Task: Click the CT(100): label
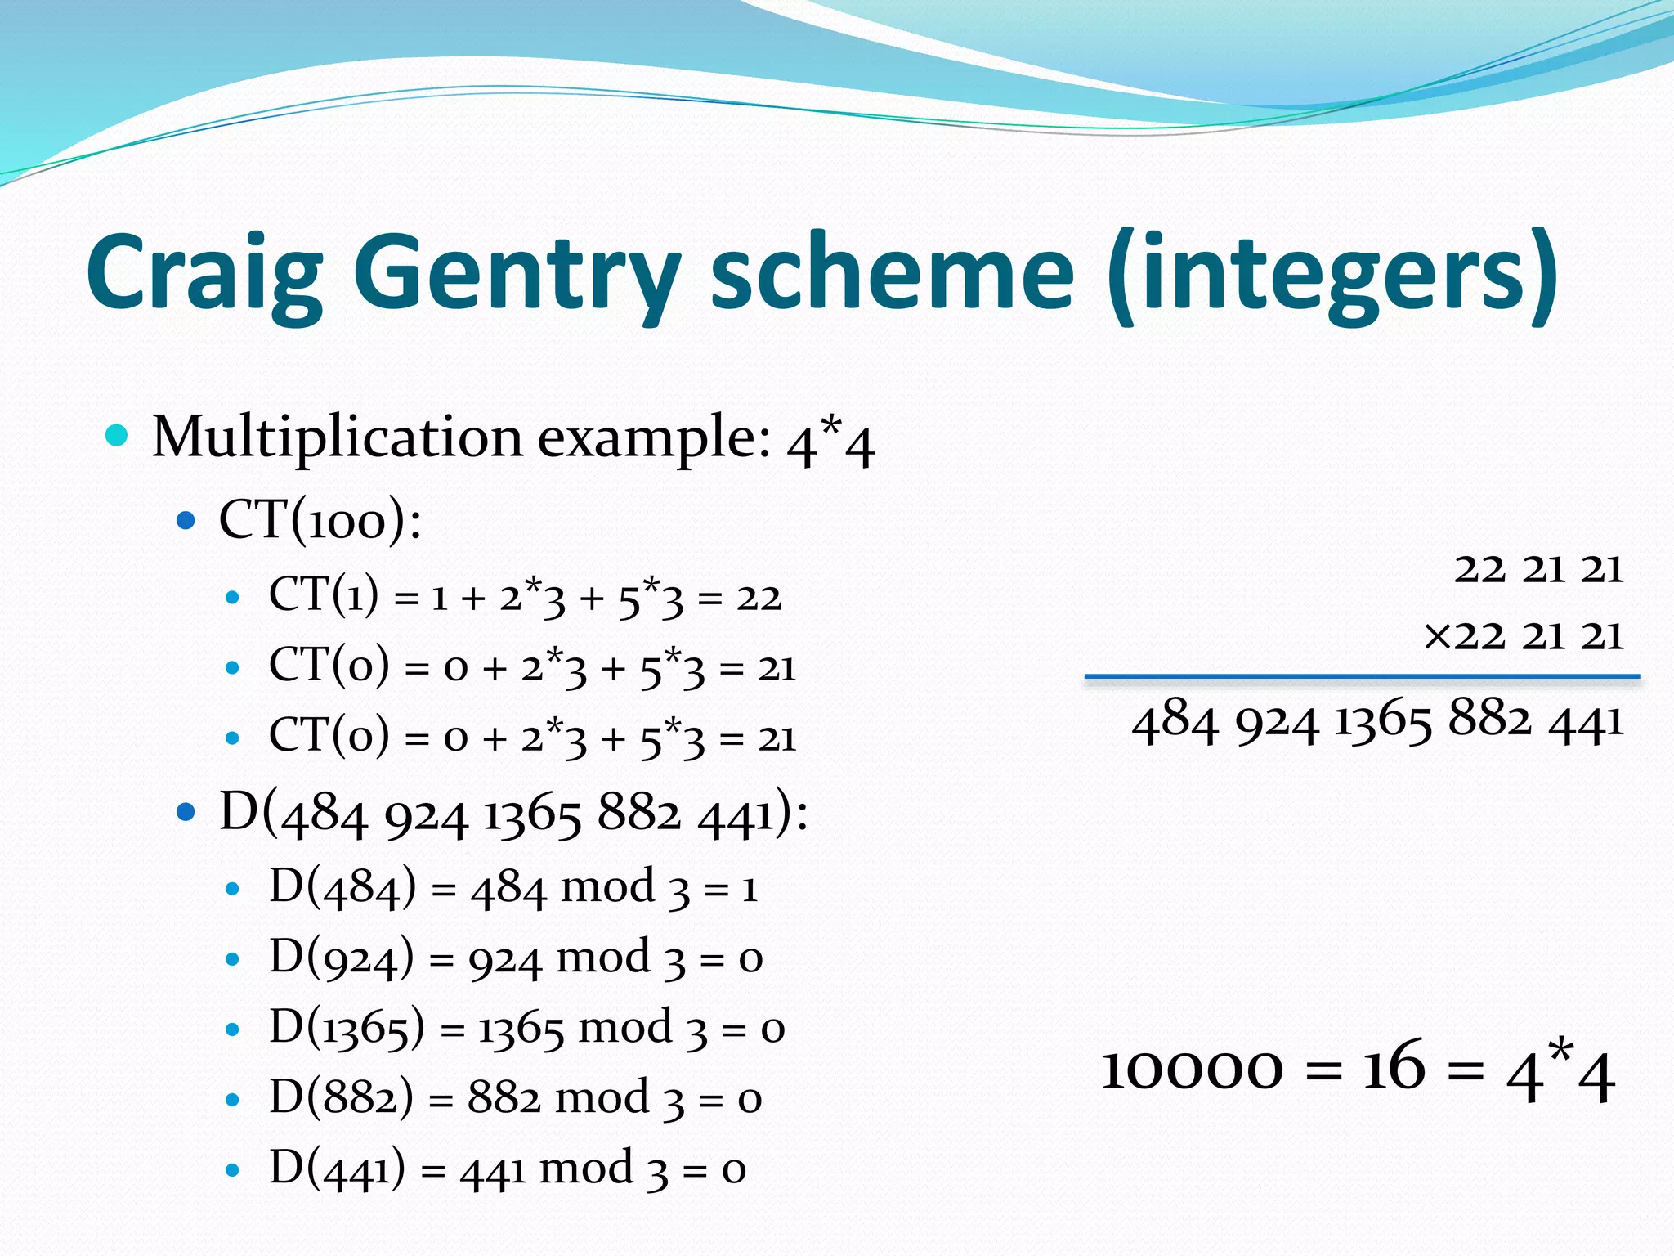point(320,520)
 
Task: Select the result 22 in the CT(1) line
point(759,598)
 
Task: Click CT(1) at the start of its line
point(324,595)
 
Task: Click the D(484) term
point(342,887)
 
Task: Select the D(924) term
point(342,958)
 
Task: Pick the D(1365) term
point(347,1028)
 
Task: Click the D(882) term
point(342,1098)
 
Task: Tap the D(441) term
point(337,1169)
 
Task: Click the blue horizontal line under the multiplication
point(1362,676)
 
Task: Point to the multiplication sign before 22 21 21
point(1437,635)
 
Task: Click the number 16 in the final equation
point(1394,1068)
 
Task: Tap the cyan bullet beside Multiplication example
point(118,435)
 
